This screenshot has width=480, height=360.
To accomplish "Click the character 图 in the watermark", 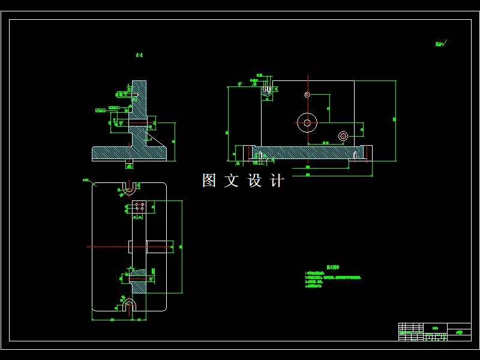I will tap(209, 181).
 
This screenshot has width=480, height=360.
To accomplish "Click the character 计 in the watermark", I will tap(277, 181).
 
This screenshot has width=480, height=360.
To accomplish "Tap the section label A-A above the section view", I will tap(139, 56).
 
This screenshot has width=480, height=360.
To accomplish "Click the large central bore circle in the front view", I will tap(307, 122).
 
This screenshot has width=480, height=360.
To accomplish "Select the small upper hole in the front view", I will tap(307, 94).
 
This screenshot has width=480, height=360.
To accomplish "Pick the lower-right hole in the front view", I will tap(343, 136).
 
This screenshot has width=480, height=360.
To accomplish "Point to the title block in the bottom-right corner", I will tap(434, 332).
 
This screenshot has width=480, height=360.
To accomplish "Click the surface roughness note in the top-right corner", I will tap(442, 43).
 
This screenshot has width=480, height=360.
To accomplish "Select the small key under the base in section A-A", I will tap(128, 162).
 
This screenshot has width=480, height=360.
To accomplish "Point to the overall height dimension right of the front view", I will tap(395, 120).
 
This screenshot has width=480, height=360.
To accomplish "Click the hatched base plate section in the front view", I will tap(300, 152).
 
